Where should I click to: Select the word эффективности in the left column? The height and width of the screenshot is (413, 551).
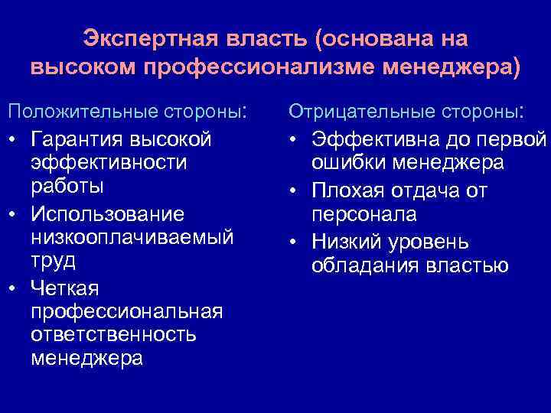(109, 163)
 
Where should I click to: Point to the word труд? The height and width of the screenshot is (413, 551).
(53, 260)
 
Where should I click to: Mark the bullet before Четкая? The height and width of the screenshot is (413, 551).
(12, 288)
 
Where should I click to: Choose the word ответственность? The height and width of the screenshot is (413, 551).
(113, 335)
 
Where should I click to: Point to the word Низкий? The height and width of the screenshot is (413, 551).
(347, 242)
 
